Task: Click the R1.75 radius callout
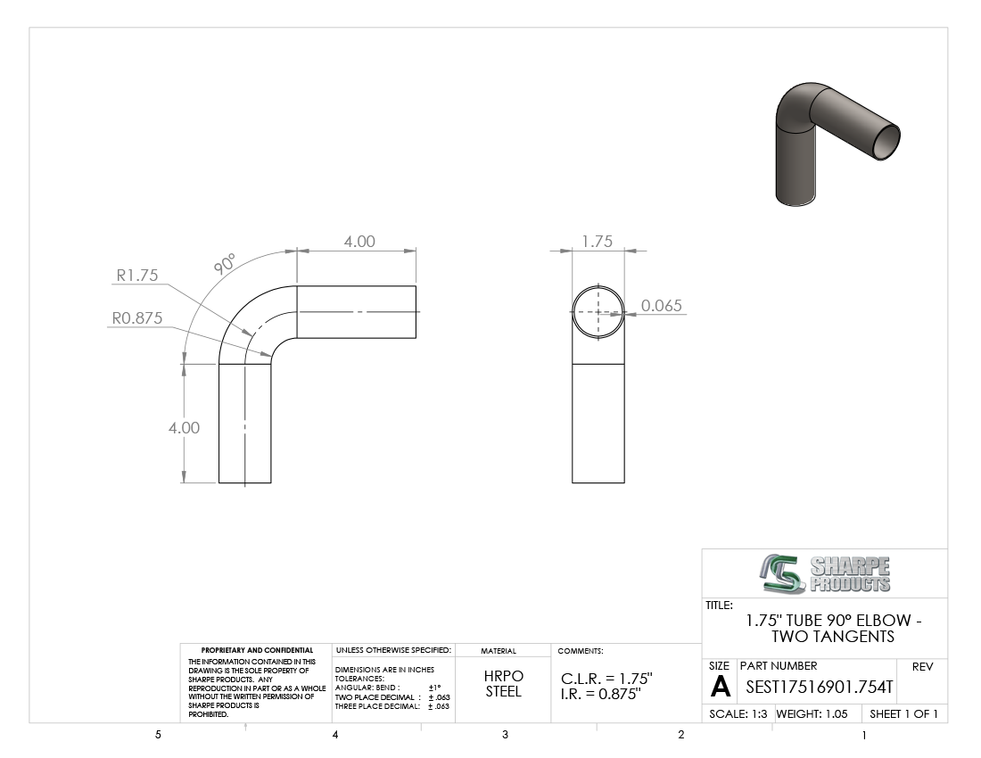pos(137,276)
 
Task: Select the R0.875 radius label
pos(137,317)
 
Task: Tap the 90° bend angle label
pos(225,264)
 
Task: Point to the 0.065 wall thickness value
pos(662,305)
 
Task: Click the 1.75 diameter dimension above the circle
pos(597,242)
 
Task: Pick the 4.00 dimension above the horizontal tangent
pos(359,242)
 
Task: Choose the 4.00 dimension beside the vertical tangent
pos(184,428)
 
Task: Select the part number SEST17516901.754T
pos(819,688)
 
